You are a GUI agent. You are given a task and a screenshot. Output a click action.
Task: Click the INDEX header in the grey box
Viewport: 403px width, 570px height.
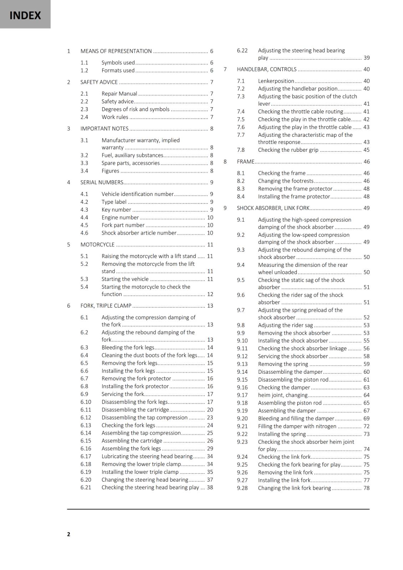click(25, 15)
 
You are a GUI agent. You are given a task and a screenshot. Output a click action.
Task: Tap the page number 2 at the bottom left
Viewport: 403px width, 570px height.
click(68, 534)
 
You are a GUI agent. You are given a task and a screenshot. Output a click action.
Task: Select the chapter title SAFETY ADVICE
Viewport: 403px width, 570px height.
click(99, 82)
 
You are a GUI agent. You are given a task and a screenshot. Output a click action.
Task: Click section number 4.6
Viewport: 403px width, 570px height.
click(84, 233)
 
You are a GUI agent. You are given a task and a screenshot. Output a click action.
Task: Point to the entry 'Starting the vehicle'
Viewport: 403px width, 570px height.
click(125, 279)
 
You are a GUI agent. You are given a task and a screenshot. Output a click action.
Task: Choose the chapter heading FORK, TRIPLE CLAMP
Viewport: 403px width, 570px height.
click(106, 306)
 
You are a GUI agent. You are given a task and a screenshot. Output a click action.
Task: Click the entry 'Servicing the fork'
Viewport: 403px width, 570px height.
click(123, 394)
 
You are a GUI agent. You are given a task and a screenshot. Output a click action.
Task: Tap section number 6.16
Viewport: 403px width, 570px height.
click(86, 449)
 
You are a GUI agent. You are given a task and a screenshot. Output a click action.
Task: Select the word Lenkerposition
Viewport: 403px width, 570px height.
click(276, 81)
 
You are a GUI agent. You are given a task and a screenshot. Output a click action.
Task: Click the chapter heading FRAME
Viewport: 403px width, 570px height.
click(245, 162)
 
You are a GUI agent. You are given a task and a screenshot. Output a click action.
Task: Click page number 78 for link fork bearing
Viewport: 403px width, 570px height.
click(366, 488)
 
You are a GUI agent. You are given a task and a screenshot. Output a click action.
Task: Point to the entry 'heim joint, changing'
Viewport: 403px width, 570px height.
click(282, 395)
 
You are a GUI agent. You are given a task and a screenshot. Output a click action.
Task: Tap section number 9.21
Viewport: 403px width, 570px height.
click(242, 426)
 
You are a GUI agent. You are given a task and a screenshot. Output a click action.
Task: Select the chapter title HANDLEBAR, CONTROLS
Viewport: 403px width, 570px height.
click(266, 69)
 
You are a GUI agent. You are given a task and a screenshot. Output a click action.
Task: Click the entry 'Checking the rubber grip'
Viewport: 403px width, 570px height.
click(288, 150)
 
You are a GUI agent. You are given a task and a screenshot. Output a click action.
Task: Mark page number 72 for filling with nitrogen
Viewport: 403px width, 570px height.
click(366, 426)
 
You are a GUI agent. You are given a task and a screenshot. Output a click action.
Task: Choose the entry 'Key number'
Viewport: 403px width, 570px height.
click(116, 210)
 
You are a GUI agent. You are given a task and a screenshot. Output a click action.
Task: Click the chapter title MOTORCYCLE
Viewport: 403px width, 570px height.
click(97, 245)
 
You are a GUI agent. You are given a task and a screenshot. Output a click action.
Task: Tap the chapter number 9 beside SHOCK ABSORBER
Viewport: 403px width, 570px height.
click(225, 208)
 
